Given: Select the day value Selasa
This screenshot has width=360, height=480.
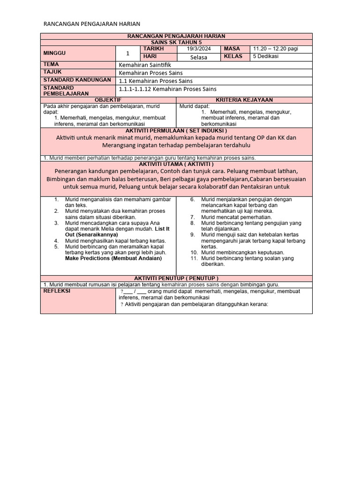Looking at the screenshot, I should pos(199,57).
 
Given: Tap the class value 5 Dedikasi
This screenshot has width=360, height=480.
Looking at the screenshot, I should pos(266,56).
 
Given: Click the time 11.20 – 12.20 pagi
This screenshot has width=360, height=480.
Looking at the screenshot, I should pos(276,49).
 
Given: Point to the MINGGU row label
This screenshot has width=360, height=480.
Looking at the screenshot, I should pos(55,53).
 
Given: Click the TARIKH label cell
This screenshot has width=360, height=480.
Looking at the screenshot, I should pos(154,49).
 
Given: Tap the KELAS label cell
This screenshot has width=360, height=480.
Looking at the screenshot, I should pos(233,56).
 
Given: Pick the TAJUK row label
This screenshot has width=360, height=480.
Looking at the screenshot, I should pos(52,72).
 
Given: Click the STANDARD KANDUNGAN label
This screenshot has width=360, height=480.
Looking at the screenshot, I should pos(77,80).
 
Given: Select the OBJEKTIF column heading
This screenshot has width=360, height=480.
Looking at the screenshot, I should pos(108,100).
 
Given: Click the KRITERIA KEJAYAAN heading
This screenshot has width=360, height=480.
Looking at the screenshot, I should pos(244,100).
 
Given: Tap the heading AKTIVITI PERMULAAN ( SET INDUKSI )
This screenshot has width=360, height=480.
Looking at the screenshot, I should pos(176,131).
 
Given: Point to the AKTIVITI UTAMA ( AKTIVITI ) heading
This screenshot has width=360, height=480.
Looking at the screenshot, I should pos(176,164).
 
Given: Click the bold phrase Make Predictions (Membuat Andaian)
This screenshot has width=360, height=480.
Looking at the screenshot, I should pos(113,258).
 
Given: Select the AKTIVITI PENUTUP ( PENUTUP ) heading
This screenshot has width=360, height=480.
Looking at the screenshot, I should pos(176,278).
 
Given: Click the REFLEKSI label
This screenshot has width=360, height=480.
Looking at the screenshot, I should pos(57,291).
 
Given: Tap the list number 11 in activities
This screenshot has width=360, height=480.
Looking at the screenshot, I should pos(194,258).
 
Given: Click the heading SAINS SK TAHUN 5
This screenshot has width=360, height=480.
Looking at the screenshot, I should pos(176,42).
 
